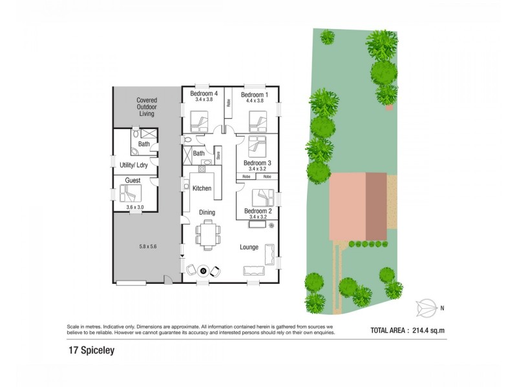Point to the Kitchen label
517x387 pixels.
tap(202, 188)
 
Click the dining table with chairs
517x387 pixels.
tap(207, 233)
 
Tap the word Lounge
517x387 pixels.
tap(249, 247)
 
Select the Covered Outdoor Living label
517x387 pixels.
tap(147, 107)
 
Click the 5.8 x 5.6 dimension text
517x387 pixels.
tap(148, 246)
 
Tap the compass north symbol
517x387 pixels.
tap(426, 308)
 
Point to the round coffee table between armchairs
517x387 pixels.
tap(203, 271)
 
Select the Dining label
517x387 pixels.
tap(207, 212)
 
